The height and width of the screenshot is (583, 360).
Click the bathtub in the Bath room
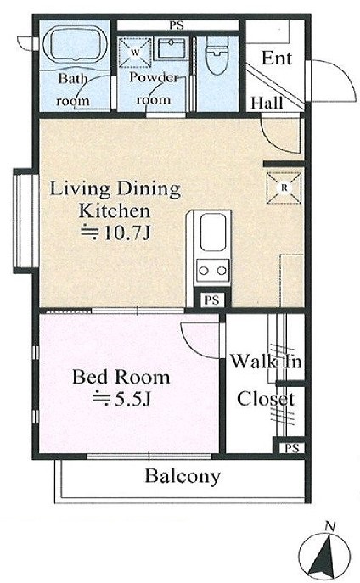(76, 42)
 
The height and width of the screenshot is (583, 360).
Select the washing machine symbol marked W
(135, 53)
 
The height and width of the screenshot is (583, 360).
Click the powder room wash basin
(172, 48)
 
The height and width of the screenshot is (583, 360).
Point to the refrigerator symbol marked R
(284, 188)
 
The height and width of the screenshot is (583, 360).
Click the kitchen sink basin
(213, 233)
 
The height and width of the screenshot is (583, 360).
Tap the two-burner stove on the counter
(213, 271)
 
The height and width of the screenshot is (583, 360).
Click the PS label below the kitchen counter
(212, 300)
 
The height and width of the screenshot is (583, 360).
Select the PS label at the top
(177, 25)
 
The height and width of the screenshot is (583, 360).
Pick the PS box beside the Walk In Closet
(292, 448)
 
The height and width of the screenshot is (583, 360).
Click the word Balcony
(183, 476)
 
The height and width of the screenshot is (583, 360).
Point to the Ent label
(277, 59)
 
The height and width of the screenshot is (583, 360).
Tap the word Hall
(267, 103)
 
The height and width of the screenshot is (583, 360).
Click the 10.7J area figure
(127, 233)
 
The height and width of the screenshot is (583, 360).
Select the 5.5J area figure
(132, 399)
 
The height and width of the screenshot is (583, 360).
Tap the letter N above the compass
(329, 526)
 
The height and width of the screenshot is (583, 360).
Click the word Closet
(266, 399)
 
